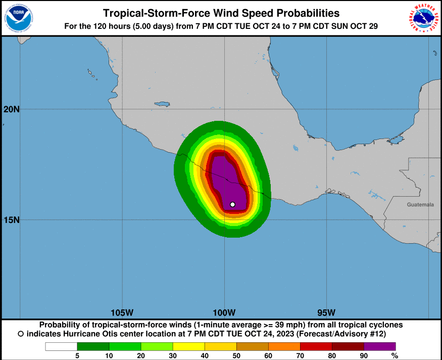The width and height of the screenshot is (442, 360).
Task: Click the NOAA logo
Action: point(19,18)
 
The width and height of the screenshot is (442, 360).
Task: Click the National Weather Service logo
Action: point(423,18)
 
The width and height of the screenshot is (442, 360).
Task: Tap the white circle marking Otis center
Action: point(232,204)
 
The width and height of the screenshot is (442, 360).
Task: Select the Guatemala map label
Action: point(420,205)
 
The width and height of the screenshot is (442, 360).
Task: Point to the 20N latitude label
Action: point(11,109)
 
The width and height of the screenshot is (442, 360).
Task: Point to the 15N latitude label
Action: point(11,220)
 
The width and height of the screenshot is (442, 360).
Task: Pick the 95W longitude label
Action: point(326,312)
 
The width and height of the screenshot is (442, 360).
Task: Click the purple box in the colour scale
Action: point(380,346)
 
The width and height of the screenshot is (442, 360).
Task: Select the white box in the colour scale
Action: point(61,346)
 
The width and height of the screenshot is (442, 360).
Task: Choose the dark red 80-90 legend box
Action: point(348,346)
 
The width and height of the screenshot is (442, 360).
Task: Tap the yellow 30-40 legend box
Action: point(188,346)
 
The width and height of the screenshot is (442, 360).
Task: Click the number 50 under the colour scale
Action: point(236,356)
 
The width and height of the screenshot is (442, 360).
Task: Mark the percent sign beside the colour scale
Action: point(395,356)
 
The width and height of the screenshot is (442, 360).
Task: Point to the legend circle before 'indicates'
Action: point(21,334)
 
